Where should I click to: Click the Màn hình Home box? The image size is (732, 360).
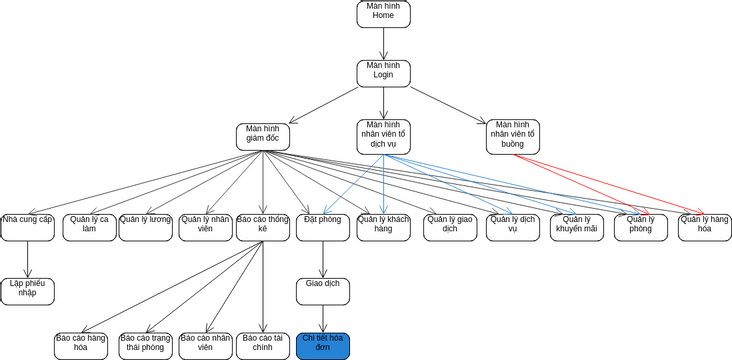(383, 12)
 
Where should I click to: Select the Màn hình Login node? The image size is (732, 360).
(383, 72)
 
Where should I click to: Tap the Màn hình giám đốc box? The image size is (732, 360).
(263, 137)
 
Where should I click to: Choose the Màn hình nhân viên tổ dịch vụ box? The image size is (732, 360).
(383, 137)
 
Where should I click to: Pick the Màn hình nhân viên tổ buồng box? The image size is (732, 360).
(513, 137)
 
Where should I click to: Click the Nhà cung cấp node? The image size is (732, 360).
(27, 227)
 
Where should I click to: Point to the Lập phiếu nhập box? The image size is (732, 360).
(27, 291)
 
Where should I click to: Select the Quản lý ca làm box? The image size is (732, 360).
(89, 227)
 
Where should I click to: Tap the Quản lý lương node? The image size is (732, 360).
(146, 227)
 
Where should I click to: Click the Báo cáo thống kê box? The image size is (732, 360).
(263, 227)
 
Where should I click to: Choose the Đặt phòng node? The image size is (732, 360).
(322, 227)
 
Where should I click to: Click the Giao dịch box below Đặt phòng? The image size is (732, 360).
(322, 291)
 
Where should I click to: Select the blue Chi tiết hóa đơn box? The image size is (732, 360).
(322, 346)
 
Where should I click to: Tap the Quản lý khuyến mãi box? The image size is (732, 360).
(577, 227)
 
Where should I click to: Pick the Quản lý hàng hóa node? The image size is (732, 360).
(704, 227)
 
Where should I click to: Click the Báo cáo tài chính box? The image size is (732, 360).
(264, 346)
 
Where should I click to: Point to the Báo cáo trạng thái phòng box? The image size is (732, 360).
(144, 346)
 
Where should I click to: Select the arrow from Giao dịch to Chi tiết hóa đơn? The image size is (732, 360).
(322, 318)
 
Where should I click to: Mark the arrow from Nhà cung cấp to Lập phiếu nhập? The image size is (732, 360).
(27, 259)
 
